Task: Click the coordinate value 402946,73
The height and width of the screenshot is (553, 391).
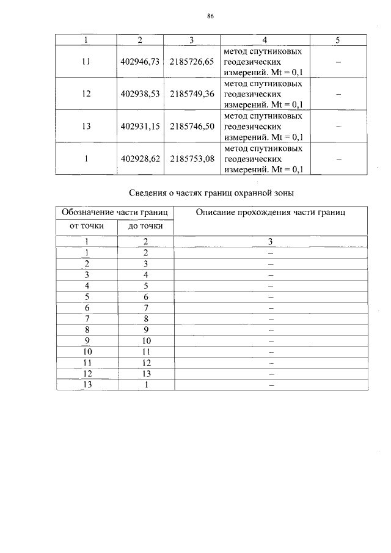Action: click(140, 62)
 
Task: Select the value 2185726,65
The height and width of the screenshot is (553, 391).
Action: click(192, 62)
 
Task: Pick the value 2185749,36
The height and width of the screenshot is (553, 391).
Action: click(192, 94)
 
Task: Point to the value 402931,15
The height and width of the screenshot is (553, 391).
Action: click(140, 126)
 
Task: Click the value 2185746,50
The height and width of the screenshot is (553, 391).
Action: click(192, 126)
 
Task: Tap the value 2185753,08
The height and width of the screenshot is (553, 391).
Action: click(192, 159)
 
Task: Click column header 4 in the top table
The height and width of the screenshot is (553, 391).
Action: click(265, 40)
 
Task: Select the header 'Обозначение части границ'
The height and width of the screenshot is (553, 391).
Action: click(115, 213)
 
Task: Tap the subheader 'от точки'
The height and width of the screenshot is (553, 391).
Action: click(86, 227)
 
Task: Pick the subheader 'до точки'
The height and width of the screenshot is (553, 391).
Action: click(145, 227)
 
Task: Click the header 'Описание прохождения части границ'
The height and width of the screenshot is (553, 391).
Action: click(271, 213)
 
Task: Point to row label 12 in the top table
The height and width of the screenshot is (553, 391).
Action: click(86, 94)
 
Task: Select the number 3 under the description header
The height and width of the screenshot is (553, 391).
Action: click(270, 242)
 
